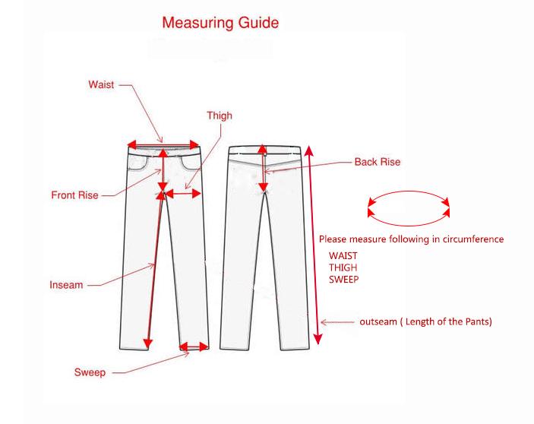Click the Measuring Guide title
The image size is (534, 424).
pos(220,23)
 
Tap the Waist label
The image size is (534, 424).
pos(101,84)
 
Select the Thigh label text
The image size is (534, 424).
pos(220,115)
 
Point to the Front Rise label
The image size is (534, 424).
pos(74,195)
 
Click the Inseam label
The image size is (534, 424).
pos(66,285)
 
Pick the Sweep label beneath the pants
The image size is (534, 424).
pos(90,372)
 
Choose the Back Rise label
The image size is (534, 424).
pos(378,162)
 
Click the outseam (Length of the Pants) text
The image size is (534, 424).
pos(425,322)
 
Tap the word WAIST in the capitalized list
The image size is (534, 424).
pos(343,256)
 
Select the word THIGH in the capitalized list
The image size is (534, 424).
pos(343,267)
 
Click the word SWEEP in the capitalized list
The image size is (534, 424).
pos(343,280)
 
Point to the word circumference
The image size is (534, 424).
pos(473,239)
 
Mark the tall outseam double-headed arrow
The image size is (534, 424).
pos(313,245)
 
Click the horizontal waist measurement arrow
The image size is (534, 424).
pos(163,144)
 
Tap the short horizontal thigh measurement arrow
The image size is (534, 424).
pos(182,194)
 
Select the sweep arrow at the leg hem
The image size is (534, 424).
pos(194,347)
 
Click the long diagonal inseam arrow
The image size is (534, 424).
pos(154,270)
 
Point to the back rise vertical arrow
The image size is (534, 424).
pos(263,168)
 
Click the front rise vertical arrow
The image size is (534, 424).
pos(163,169)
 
